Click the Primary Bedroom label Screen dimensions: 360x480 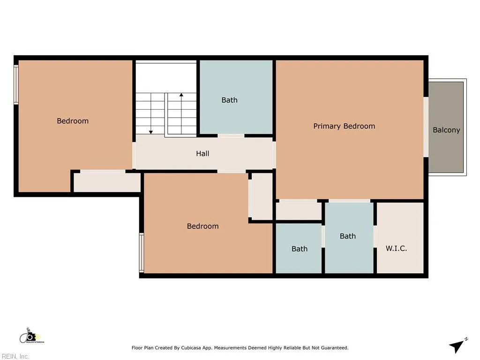point(344,126)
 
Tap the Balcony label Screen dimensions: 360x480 point(446,130)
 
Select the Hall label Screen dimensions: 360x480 point(202,154)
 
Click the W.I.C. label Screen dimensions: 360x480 point(396,248)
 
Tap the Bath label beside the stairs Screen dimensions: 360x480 point(230,100)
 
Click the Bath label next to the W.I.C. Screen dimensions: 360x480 point(348,236)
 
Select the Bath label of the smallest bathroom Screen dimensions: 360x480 point(300,249)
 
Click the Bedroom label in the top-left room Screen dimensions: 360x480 point(73,121)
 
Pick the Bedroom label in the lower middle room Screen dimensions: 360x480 point(202,226)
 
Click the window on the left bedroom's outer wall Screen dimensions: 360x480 point(16,84)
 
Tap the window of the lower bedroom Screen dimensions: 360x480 point(142,253)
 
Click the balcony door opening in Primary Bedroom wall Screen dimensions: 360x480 point(426,127)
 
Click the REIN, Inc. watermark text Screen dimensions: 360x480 point(15,357)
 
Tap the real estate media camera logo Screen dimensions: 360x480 point(30,336)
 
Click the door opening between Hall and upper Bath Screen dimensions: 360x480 point(231,136)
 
